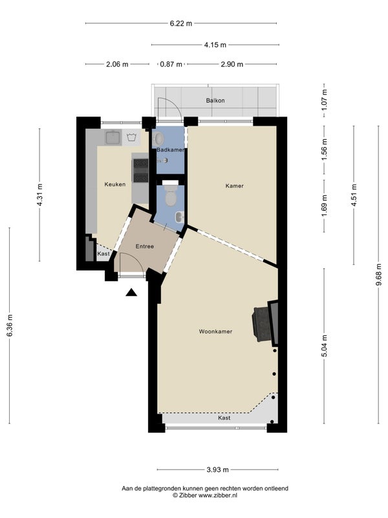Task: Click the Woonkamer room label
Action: [x=215, y=332]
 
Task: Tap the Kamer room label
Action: [x=235, y=186]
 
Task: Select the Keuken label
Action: [x=115, y=185]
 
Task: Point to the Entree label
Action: [x=144, y=247]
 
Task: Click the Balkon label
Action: [x=215, y=100]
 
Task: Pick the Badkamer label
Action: [x=170, y=150]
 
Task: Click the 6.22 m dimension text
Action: [x=181, y=23]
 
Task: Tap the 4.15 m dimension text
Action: [x=215, y=45]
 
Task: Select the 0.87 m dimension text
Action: [x=171, y=64]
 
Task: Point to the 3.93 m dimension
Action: [x=218, y=470]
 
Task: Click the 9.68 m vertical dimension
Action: [x=379, y=275]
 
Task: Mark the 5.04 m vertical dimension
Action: [x=325, y=346]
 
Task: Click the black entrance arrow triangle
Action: [x=131, y=293]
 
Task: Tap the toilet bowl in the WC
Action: [x=171, y=196]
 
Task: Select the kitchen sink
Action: [x=113, y=137]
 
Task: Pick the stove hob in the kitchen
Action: [x=141, y=170]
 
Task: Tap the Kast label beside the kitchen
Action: [x=103, y=254]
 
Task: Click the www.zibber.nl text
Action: [x=218, y=495]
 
